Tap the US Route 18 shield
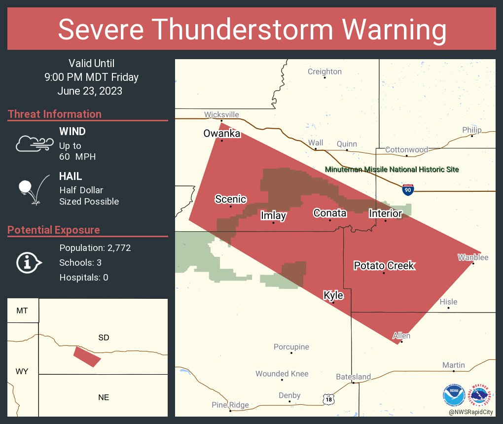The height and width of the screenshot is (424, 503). tap(329, 399)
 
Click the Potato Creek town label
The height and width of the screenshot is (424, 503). tap(384, 266)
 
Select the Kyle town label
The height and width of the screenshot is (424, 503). tap(333, 295)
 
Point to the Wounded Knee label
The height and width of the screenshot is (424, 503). tap(282, 374)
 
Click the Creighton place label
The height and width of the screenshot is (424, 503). tap(324, 71)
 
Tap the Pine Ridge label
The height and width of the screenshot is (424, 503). tap(230, 405)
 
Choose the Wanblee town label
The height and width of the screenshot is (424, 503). tap(472, 257)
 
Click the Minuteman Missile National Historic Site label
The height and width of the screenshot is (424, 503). tap(392, 170)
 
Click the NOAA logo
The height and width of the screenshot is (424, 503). tap(454, 395)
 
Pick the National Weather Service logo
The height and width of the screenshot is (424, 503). tap(481, 395)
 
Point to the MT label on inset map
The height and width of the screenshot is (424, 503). tap(22, 311)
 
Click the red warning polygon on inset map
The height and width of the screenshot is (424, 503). tap(87, 356)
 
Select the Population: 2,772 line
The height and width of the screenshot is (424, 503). tap(95, 248)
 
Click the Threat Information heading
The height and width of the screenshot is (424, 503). tap(55, 114)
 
